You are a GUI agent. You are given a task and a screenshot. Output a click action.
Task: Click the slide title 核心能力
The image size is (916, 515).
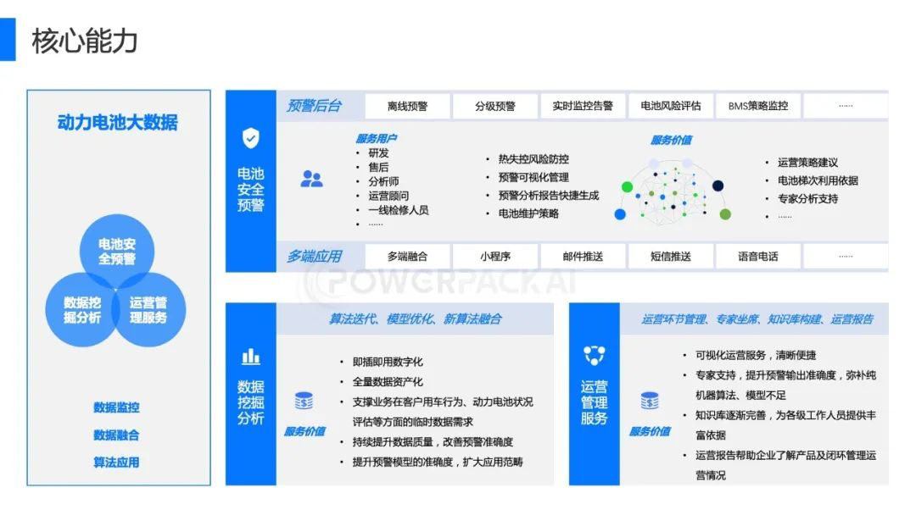(x=85, y=40)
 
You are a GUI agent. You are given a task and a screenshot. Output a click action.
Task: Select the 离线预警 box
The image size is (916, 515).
(x=407, y=106)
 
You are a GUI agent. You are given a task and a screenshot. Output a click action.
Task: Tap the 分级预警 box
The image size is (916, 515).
(x=495, y=106)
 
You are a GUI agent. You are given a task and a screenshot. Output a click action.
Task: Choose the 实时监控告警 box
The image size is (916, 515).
(x=583, y=106)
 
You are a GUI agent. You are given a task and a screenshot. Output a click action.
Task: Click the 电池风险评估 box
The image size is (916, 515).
(x=671, y=106)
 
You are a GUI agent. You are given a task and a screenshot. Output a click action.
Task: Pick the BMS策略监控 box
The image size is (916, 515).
(x=758, y=106)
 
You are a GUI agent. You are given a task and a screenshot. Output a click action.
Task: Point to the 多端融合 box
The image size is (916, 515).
(x=407, y=256)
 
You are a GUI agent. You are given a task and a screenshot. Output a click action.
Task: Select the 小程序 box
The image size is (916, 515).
(x=495, y=256)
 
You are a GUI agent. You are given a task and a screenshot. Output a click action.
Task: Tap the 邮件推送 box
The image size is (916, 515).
(x=583, y=256)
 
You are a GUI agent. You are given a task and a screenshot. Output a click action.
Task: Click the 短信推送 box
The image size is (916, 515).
(x=671, y=256)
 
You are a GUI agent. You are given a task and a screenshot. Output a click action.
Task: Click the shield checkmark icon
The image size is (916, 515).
(x=251, y=138)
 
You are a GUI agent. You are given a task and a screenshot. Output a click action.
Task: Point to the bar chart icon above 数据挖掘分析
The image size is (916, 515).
(x=251, y=356)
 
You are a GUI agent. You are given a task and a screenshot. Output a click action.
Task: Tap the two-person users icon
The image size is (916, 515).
(x=311, y=179)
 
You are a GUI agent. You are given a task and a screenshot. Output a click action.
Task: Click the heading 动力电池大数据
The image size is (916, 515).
(x=118, y=122)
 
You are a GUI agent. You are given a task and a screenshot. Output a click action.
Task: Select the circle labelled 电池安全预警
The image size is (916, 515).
(x=117, y=251)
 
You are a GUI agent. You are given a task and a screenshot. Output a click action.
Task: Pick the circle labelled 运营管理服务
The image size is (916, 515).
(x=149, y=310)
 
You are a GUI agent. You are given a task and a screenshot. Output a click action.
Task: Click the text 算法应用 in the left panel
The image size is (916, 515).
(x=117, y=462)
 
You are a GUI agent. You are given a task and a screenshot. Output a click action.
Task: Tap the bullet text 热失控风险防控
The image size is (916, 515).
(x=533, y=159)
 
